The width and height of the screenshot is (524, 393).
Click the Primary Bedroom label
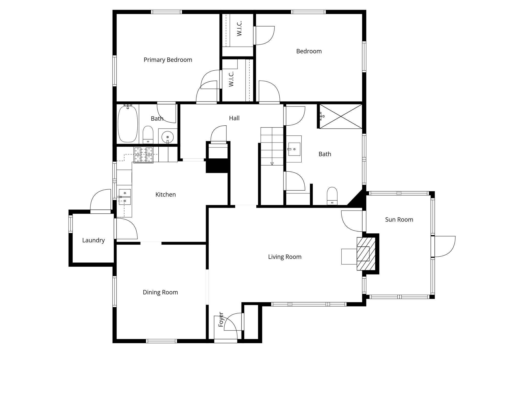pos(168,60)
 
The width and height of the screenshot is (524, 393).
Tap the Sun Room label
pos(399,220)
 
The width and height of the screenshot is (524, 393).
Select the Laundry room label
pos(93,240)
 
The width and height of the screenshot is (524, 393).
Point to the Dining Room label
pos(160,292)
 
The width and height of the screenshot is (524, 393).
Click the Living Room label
pos(285,257)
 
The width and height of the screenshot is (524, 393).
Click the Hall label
pos(234,118)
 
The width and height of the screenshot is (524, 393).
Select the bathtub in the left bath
pos(128,124)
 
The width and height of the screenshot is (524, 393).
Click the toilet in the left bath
pos(148,135)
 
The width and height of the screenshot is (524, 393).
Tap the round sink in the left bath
pos(168,137)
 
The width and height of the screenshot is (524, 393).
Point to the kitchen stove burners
pos(144,155)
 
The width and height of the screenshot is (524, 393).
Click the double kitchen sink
pos(125,197)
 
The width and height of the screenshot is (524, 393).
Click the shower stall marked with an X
pos(341,116)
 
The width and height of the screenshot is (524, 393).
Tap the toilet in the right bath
pos(332,196)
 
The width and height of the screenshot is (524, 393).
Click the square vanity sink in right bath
pos(294,149)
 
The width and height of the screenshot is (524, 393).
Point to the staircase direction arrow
pos(272,163)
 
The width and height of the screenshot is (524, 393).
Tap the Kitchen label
pos(166,195)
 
